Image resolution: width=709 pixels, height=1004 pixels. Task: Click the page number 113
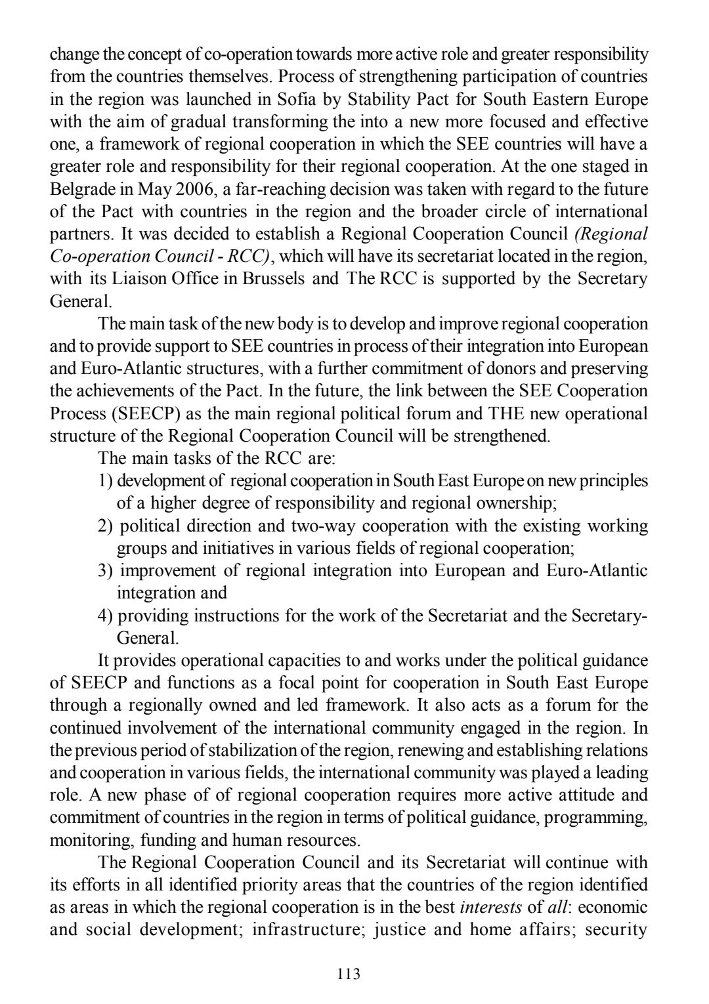(348, 974)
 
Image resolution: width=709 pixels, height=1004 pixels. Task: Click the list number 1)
(106, 480)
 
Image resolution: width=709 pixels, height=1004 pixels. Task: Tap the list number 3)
(107, 570)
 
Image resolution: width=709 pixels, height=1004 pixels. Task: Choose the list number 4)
(106, 616)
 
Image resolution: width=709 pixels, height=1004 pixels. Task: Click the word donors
(501, 369)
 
